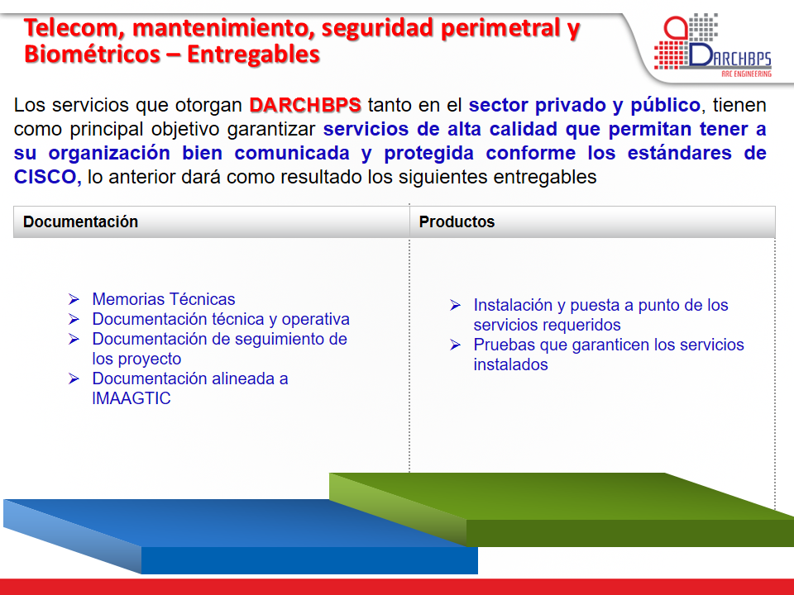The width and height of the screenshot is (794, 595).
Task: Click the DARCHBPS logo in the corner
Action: pos(712,45)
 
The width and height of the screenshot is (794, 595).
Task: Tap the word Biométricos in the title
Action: pos(92,55)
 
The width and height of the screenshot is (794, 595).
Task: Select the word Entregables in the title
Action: pos(253,55)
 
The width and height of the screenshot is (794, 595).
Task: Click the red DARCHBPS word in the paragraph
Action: pos(305,105)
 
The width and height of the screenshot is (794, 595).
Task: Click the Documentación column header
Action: pos(80,221)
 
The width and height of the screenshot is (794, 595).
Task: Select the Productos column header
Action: pos(457,221)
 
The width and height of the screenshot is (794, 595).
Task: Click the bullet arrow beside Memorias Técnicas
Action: pos(74,299)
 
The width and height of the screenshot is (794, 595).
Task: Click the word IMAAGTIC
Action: pos(132,398)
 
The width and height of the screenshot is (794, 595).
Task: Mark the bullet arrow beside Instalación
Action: pos(455,305)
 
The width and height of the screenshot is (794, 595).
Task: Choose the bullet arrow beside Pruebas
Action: pos(455,345)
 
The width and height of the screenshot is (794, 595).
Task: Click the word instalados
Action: pos(510,364)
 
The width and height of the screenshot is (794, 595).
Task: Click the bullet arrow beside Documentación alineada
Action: pos(74,378)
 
